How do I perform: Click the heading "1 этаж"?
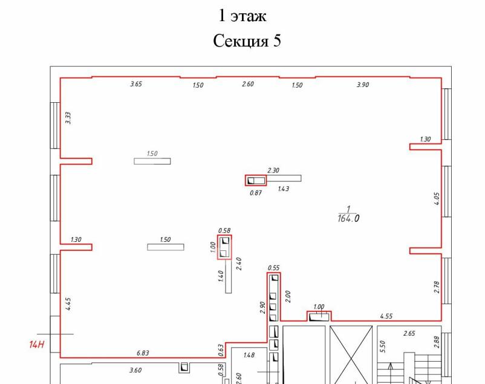pyautogui.click(x=242, y=16)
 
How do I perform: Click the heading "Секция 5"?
pyautogui.click(x=247, y=41)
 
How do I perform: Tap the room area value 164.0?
pyautogui.click(x=348, y=218)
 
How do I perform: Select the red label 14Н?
pyautogui.click(x=37, y=345)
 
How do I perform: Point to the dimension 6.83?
pyautogui.click(x=143, y=353)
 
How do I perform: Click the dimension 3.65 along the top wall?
pyautogui.click(x=136, y=84)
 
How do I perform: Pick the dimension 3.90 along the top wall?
pyautogui.click(x=363, y=85)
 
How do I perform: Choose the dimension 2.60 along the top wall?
pyautogui.click(x=248, y=84)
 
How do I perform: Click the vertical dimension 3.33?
pyautogui.click(x=68, y=118)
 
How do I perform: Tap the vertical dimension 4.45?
pyautogui.click(x=68, y=304)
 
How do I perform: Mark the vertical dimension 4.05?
pyautogui.click(x=437, y=199)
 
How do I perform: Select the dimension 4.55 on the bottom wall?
pyautogui.click(x=386, y=316)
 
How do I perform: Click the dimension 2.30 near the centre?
pyautogui.click(x=273, y=170)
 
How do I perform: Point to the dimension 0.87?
pyautogui.click(x=256, y=193)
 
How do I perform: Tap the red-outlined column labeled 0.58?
pyautogui.click(x=224, y=247)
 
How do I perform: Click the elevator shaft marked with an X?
pyautogui.click(x=351, y=354)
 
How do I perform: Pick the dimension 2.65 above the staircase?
pyautogui.click(x=409, y=333)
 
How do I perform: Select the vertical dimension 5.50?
pyautogui.click(x=382, y=347)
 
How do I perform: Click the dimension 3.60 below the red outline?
pyautogui.click(x=135, y=370)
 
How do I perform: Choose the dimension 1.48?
pyautogui.click(x=249, y=355)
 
